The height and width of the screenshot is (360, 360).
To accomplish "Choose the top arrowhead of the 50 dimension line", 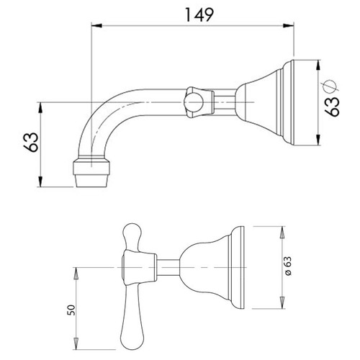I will [74, 269].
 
